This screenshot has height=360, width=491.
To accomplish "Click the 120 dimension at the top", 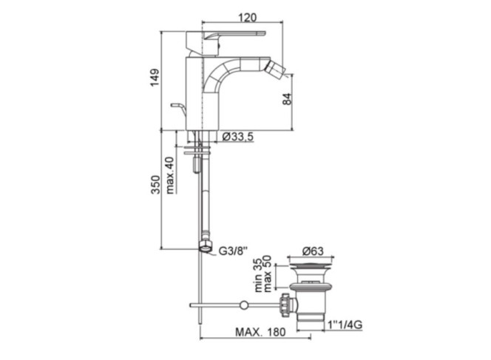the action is tap(248, 17).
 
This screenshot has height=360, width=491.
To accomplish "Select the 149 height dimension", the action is tap(155, 78).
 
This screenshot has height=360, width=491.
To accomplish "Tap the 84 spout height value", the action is tap(287, 99).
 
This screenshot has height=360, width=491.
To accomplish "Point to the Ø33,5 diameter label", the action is tap(237, 137).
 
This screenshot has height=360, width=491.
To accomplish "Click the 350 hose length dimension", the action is tap(155, 185).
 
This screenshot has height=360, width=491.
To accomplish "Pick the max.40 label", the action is tap(170, 175).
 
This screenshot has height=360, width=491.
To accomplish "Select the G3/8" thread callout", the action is tap(233, 251).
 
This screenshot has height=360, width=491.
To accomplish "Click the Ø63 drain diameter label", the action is tap(313, 251).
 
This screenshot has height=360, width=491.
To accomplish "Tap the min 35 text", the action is tap(258, 274).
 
